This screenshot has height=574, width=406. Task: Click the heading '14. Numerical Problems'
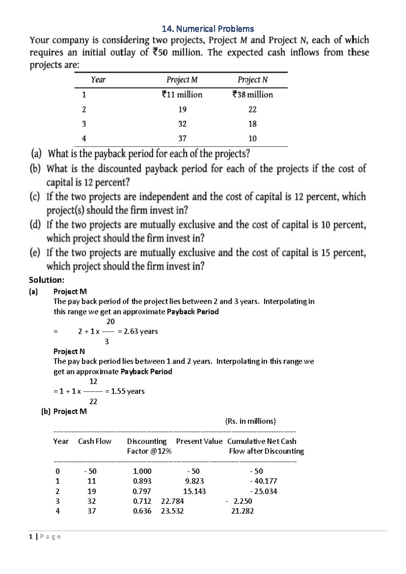click(208, 29)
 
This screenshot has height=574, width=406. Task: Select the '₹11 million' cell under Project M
click(182, 94)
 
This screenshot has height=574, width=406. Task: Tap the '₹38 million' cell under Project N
click(252, 94)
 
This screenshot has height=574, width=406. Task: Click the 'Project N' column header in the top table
click(252, 80)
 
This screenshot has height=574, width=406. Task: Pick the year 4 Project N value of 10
click(252, 138)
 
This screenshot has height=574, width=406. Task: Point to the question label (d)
click(35, 224)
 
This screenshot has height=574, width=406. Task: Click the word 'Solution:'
click(46, 280)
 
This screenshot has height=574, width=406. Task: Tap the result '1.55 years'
click(128, 391)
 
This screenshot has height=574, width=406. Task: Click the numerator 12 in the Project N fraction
click(93, 381)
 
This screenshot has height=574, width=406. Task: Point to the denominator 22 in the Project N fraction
click(93, 401)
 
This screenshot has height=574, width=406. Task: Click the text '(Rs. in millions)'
click(250, 421)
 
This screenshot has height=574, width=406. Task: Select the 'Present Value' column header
click(199, 441)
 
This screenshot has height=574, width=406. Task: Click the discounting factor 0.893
click(142, 481)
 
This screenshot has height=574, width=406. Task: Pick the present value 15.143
click(195, 491)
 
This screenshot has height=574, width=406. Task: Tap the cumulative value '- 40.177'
click(264, 481)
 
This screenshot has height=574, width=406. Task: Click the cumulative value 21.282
click(243, 511)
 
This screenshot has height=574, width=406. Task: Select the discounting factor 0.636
click(142, 511)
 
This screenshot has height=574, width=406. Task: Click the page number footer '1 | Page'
click(45, 536)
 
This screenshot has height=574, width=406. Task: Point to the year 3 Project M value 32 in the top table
click(182, 124)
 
